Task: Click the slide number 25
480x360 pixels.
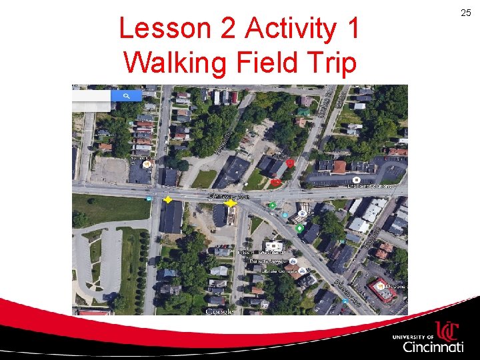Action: (x=465, y=13)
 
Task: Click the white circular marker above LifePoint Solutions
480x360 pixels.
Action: (x=356, y=180)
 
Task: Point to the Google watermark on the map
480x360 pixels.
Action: (x=219, y=311)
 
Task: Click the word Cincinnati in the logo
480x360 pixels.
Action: (x=433, y=347)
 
